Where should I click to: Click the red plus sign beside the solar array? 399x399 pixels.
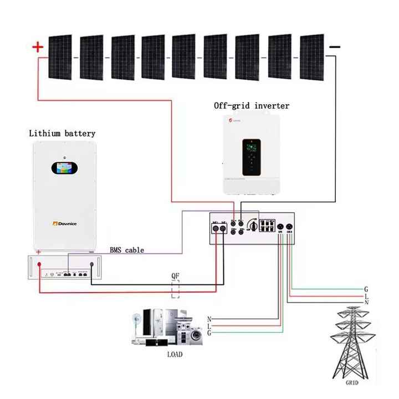tap(38, 48)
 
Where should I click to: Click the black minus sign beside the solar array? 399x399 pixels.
tap(335, 48)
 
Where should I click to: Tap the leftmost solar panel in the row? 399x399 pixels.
tap(60, 57)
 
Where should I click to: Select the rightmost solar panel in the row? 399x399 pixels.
tap(311, 57)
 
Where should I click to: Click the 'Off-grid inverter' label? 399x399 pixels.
tap(252, 105)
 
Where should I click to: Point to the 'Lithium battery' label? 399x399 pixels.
tap(62, 134)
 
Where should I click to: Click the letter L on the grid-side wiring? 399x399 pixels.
tap(366, 296)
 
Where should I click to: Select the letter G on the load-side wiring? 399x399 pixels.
tap(209, 332)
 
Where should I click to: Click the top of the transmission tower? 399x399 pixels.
tap(352, 309)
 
